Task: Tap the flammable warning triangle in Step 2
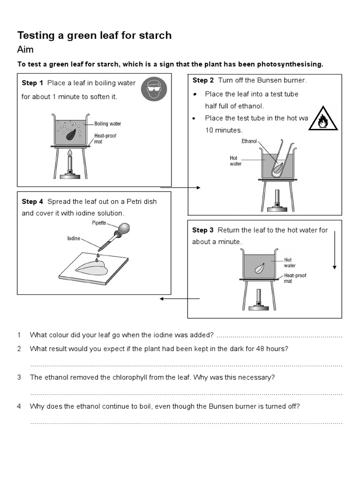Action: point(324,119)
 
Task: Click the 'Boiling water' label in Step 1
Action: point(107,124)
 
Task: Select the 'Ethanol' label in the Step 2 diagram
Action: point(249,141)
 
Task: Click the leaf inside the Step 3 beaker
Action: point(258,269)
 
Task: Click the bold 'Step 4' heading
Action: point(32,202)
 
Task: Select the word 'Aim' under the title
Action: point(25,50)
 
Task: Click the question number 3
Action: point(19,377)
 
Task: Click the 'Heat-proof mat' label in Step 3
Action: point(295,278)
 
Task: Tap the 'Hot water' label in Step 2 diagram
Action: point(235,161)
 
